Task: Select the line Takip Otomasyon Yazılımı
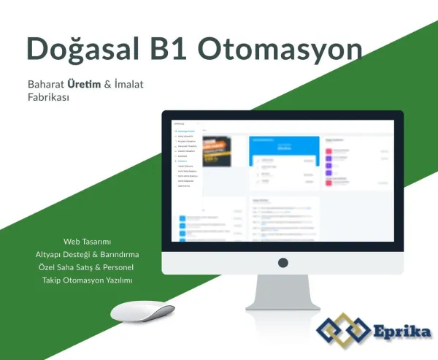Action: [x=87, y=280]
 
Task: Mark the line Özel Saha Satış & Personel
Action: [x=87, y=267]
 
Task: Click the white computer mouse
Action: [x=142, y=312]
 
